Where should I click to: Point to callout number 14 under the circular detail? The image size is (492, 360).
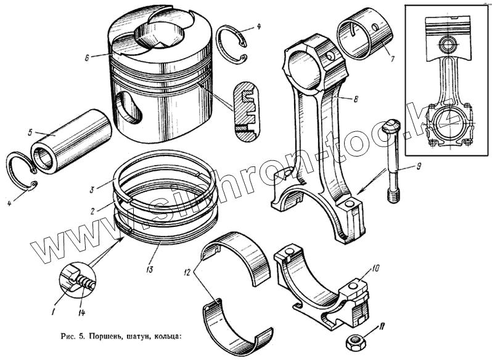(82, 311)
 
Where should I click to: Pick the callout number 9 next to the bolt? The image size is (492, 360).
(419, 167)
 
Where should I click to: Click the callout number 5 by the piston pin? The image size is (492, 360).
(29, 131)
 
